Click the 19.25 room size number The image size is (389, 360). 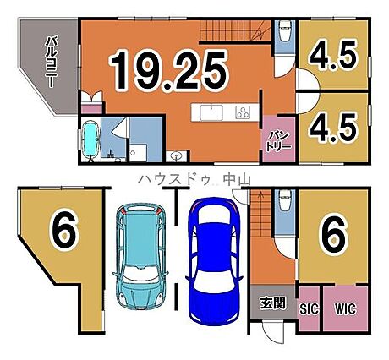point(168,71)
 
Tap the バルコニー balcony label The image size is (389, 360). point(51,62)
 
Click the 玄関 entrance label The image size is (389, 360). point(273,303)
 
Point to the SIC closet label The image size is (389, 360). point(309,308)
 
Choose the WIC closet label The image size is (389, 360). point(345,308)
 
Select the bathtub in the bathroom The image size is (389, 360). point(90,140)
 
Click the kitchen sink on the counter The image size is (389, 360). point(211,112)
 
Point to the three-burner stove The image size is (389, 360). point(244,112)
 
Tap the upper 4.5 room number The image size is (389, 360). point(334,56)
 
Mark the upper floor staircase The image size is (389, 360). point(235,30)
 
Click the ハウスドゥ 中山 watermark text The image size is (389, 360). point(194,179)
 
